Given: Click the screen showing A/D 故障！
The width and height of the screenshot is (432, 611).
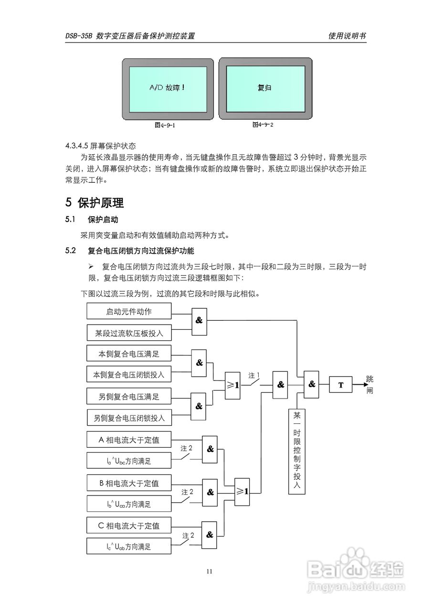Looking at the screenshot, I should (167, 89).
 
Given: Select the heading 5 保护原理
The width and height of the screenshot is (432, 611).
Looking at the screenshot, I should (95, 202).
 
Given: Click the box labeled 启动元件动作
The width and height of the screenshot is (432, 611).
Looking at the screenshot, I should (129, 312).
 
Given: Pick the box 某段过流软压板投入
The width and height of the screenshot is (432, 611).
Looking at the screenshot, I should (129, 333).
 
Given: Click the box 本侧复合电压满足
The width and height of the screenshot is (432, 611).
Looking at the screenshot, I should (129, 354).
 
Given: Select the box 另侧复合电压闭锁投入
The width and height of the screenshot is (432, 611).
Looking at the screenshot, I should (129, 418).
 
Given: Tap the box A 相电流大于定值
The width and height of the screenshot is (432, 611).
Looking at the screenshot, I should (129, 440).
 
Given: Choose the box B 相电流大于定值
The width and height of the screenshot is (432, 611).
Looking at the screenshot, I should (129, 483).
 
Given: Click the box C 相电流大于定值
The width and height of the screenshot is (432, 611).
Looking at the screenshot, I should (129, 526).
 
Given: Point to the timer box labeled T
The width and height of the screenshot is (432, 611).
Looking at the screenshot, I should (341, 384).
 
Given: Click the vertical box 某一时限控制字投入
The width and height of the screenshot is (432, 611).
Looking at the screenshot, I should (296, 451).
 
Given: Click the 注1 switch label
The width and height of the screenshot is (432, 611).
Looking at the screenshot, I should (253, 376).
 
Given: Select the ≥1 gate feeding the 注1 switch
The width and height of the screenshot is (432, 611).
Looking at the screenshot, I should (233, 385).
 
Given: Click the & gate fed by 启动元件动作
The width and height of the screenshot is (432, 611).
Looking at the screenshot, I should (199, 320).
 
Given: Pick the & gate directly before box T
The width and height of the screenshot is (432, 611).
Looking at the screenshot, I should (312, 384).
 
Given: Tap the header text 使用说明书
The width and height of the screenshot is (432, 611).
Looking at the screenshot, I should (347, 36).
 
